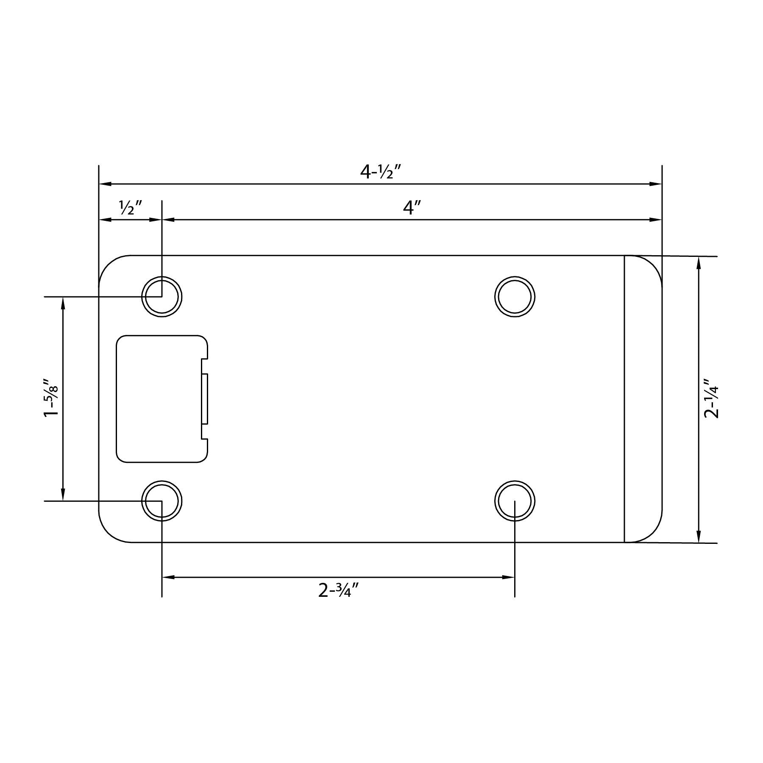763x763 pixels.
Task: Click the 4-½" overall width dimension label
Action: point(381,171)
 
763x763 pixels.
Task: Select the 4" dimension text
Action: point(411,208)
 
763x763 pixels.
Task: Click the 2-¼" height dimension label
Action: point(711,399)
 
